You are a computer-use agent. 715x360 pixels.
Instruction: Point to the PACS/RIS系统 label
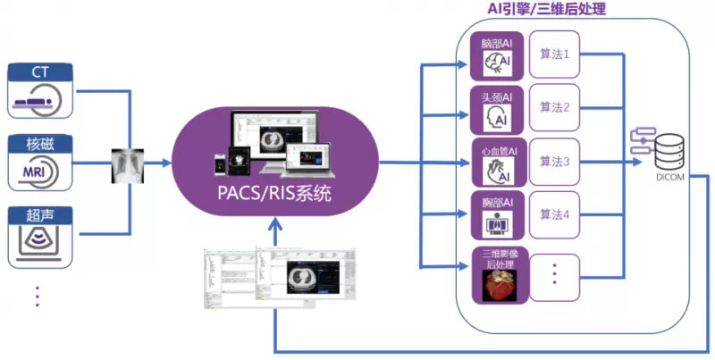[274, 190]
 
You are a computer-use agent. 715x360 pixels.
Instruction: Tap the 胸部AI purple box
[496, 215]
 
